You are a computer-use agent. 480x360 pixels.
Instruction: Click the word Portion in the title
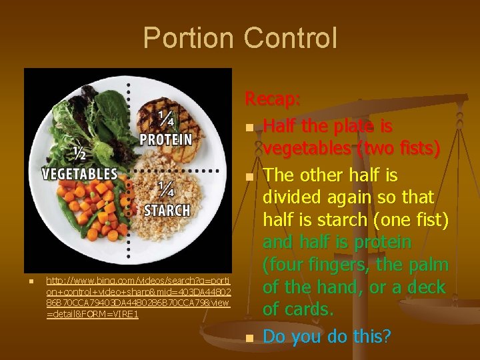point(189,38)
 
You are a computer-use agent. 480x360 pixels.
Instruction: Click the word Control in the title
point(290,38)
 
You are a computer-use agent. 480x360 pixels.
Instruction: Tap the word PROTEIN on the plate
point(165,140)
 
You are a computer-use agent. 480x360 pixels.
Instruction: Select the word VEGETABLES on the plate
point(79,174)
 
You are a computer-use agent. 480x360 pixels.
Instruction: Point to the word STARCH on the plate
point(167,210)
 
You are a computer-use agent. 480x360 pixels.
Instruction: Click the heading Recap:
point(273,99)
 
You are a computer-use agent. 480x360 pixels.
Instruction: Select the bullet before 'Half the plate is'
point(249,127)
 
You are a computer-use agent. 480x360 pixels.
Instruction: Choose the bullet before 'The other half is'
point(249,177)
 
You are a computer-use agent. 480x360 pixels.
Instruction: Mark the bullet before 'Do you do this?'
point(249,338)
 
